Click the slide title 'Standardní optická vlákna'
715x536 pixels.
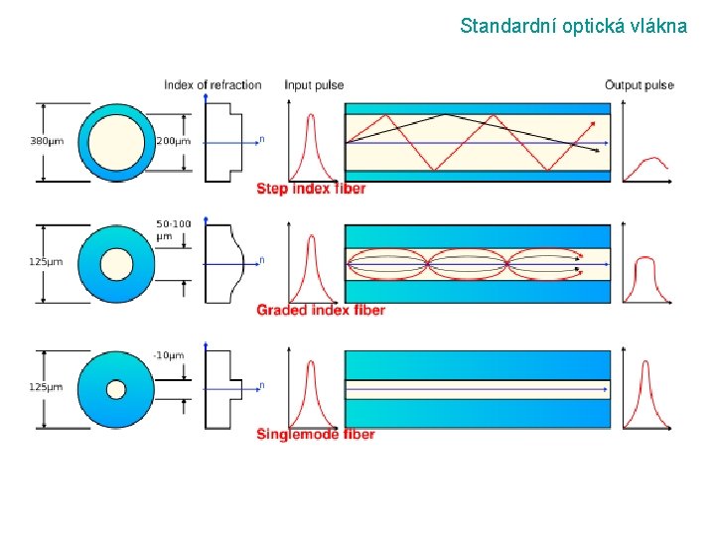click(573, 26)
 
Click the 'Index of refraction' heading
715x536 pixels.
click(213, 85)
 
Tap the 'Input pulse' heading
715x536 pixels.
click(314, 85)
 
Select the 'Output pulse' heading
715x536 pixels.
click(640, 85)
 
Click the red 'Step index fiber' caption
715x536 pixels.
click(311, 189)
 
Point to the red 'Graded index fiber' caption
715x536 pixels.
click(321, 311)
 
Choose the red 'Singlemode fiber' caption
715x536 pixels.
click(316, 435)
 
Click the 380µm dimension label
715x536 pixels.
click(47, 141)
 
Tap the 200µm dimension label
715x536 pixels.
click(173, 141)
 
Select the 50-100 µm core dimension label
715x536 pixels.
click(174, 230)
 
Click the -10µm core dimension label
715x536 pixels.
click(169, 355)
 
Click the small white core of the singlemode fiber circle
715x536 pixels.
click(116, 389)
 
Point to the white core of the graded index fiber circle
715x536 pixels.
click(116, 264)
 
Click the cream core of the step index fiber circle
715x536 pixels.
click(116, 141)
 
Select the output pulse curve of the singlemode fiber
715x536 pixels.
click(646, 392)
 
